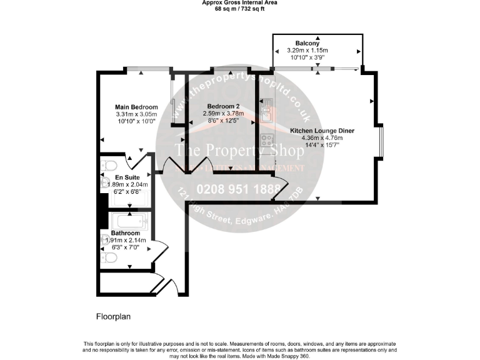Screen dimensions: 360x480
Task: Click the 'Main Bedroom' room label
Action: (x=136, y=107)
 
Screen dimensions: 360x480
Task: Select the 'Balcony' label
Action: (x=316, y=43)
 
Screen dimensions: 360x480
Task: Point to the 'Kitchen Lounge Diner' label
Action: (x=322, y=131)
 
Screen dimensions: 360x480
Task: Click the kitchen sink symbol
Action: (x=266, y=109)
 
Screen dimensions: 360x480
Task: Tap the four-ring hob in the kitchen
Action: (x=266, y=141)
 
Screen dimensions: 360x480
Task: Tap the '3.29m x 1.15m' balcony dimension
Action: (x=316, y=50)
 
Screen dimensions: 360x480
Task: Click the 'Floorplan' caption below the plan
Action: (x=113, y=316)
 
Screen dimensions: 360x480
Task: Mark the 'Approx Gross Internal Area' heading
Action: (x=240, y=3)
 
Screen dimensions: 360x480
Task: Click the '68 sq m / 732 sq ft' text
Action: (x=240, y=9)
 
